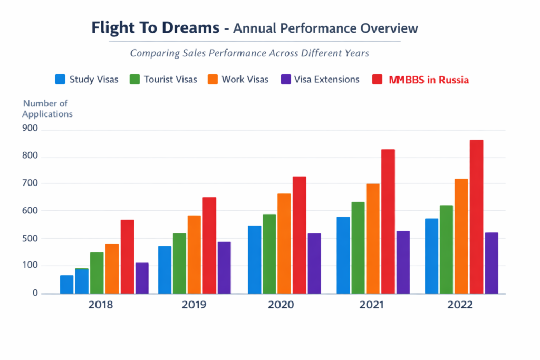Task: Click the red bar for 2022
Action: pos(476,217)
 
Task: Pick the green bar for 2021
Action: pos(358,248)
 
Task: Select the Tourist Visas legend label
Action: pos(170,80)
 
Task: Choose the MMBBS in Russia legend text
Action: pos(429,80)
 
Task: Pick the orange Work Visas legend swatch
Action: pos(212,80)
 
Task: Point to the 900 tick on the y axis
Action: pos(31,129)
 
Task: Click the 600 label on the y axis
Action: pos(31,210)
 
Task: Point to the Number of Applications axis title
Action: pos(46,109)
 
